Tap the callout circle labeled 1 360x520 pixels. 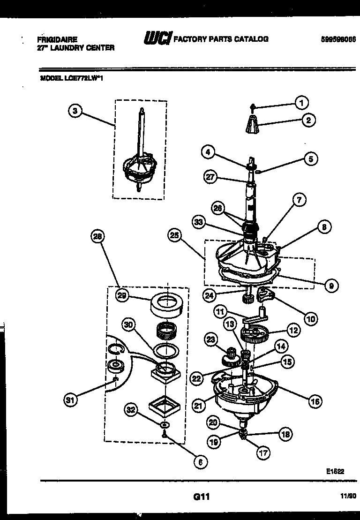click(301, 102)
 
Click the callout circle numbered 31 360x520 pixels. click(71, 400)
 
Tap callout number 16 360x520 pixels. click(315, 401)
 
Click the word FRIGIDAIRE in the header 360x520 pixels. click(57, 40)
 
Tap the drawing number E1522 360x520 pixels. click(334, 472)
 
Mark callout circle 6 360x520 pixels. click(200, 461)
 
